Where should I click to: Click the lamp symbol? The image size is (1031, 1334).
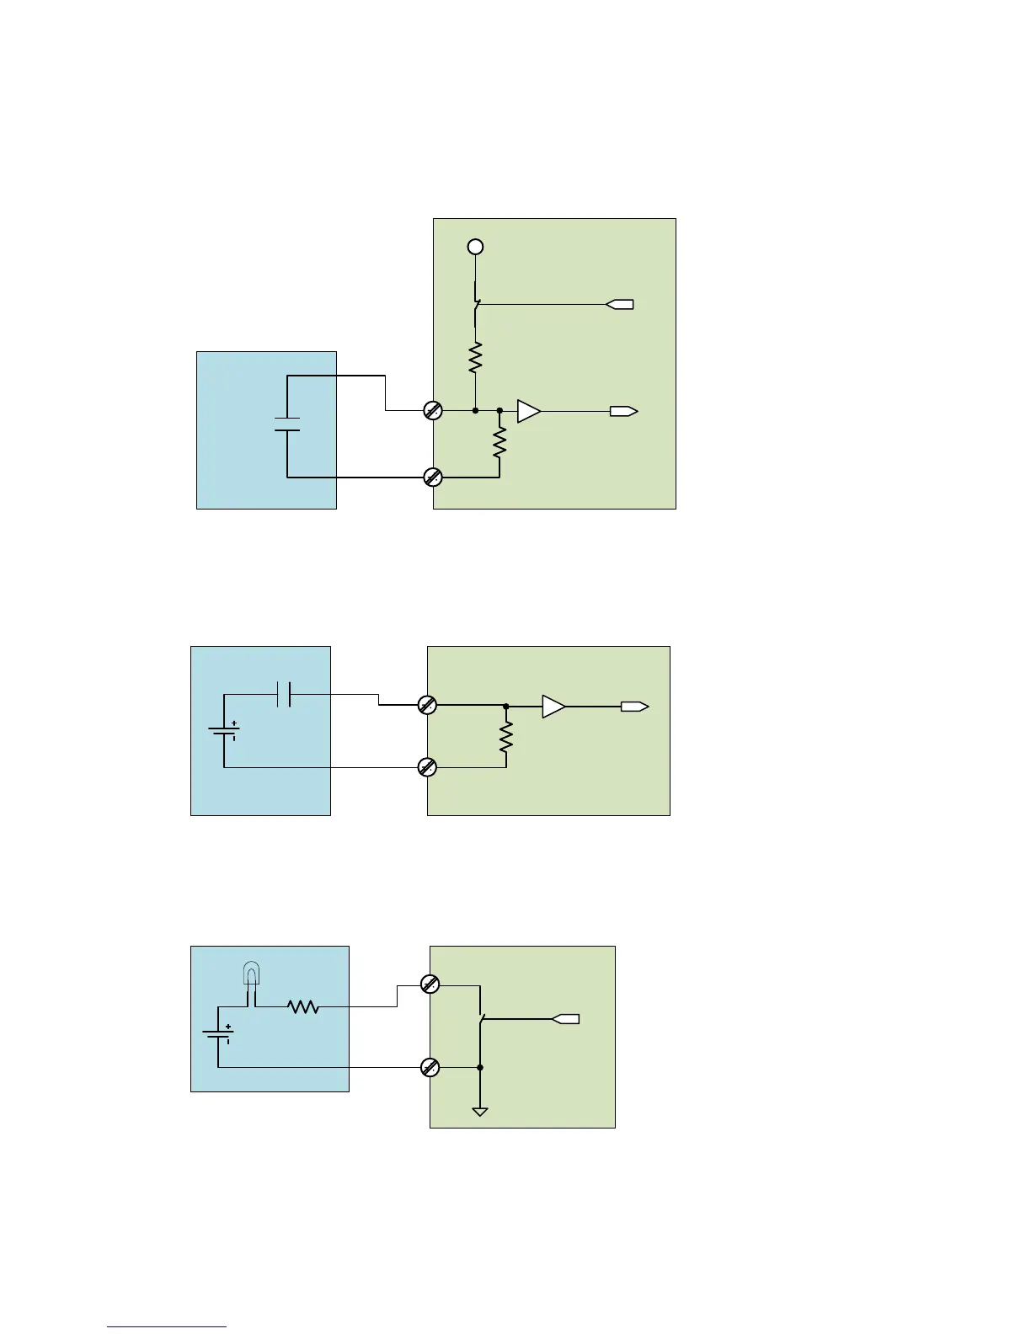pos(251,974)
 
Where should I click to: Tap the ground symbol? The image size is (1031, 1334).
pos(480,1112)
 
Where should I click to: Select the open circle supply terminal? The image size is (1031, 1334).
pos(475,247)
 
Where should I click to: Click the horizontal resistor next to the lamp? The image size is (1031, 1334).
pos(303,1006)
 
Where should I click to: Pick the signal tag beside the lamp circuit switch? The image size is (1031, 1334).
pos(566,1019)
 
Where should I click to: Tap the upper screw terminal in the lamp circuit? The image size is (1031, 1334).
pos(430,984)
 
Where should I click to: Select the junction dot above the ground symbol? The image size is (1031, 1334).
pos(480,1067)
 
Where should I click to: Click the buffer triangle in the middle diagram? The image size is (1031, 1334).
pos(553,707)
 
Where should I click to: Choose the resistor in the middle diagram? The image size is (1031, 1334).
pos(505,738)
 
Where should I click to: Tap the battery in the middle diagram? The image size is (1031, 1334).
pos(224,732)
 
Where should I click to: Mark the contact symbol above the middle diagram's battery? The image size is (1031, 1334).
pos(284,695)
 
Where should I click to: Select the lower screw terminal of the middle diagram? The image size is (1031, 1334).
pos(427,767)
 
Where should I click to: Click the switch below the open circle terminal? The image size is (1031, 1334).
pos(476,307)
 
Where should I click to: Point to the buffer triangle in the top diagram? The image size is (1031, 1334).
pos(528,411)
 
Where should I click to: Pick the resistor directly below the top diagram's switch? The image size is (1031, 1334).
pos(475,358)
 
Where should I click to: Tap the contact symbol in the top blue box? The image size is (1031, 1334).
pos(287,424)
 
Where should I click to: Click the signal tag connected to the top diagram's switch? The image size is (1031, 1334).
pos(620,304)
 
